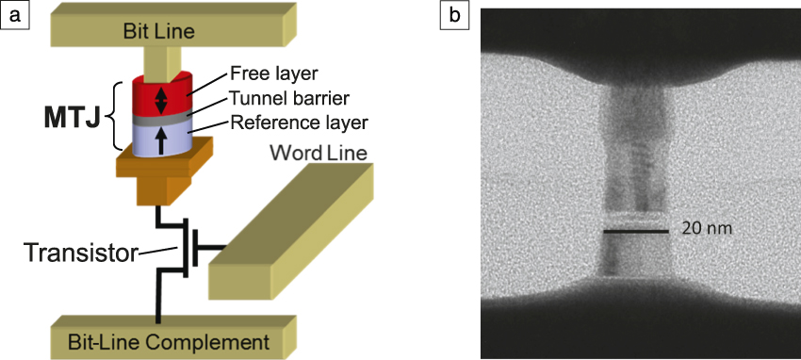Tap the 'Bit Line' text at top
point(158,31)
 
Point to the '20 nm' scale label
point(707,229)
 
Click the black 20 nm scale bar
point(637,231)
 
